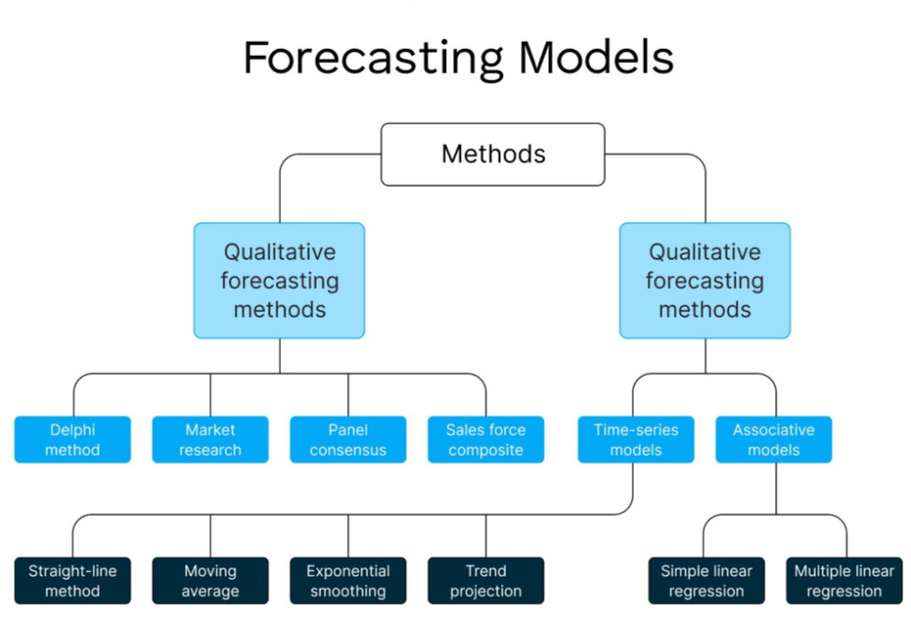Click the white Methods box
(x=493, y=154)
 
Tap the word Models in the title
(x=596, y=59)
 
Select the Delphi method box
(x=72, y=440)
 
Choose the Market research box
(x=210, y=440)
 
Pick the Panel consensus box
(x=348, y=440)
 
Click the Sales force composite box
(x=486, y=440)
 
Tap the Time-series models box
(x=635, y=440)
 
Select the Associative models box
(x=773, y=440)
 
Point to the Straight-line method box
(x=72, y=580)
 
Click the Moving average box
(x=210, y=580)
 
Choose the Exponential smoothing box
(x=348, y=580)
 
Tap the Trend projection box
(x=486, y=580)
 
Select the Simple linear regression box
(x=706, y=580)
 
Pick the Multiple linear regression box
(x=843, y=580)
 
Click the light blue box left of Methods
(x=279, y=280)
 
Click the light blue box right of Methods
(x=705, y=280)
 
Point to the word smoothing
(x=348, y=591)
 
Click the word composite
(x=486, y=450)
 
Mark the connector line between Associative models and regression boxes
(x=775, y=489)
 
